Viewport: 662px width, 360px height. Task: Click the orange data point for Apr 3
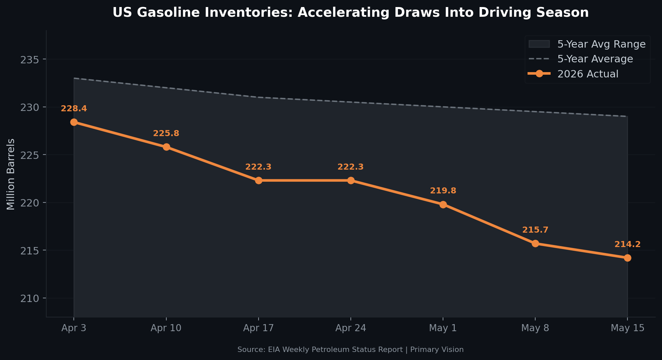pyautogui.click(x=74, y=122)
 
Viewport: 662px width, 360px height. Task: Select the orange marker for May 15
pyautogui.click(x=627, y=258)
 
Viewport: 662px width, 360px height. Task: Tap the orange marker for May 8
pyautogui.click(x=535, y=243)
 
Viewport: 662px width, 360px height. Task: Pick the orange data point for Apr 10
pyautogui.click(x=166, y=147)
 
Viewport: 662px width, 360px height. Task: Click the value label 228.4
pyautogui.click(x=74, y=109)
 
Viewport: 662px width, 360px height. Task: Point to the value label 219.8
pyautogui.click(x=443, y=191)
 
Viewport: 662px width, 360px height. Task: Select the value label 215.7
pyautogui.click(x=535, y=230)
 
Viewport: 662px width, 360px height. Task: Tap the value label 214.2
pyautogui.click(x=627, y=244)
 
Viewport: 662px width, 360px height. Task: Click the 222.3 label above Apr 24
pyautogui.click(x=350, y=167)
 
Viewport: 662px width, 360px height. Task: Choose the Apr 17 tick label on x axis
pyautogui.click(x=259, y=328)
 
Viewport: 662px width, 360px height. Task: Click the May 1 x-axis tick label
pyautogui.click(x=443, y=328)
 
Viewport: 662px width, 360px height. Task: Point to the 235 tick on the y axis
pyautogui.click(x=30, y=60)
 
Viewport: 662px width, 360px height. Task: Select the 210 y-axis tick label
pyautogui.click(x=30, y=298)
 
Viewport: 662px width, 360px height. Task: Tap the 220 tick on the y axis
pyautogui.click(x=30, y=203)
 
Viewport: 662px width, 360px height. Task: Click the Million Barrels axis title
pyautogui.click(x=11, y=174)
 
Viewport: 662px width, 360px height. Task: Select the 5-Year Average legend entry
pyautogui.click(x=581, y=59)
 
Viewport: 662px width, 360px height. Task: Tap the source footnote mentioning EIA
pyautogui.click(x=350, y=350)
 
